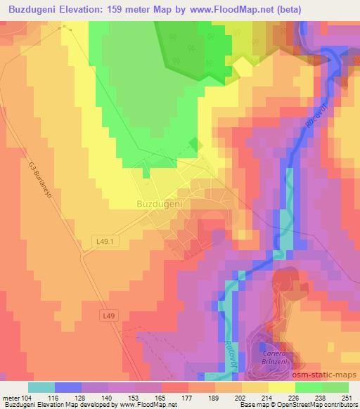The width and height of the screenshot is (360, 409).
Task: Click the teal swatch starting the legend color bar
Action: tap(41, 387)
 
